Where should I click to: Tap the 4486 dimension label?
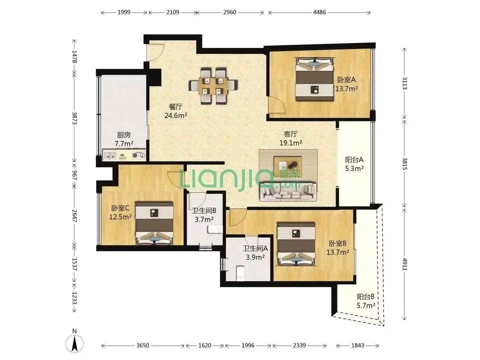click(319, 12)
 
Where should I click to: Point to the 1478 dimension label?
click(74, 57)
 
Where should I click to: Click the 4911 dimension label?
click(405, 264)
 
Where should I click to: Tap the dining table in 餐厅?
click(213, 86)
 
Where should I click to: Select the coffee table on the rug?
click(288, 166)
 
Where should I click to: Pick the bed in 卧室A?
click(315, 79)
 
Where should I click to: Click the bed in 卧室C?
click(154, 223)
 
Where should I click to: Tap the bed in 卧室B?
click(296, 244)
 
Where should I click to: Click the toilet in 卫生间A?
click(240, 273)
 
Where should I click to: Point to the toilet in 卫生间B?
click(215, 229)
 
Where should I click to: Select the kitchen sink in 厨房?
click(110, 155)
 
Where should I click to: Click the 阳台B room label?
click(366, 297)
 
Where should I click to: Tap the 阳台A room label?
click(354, 160)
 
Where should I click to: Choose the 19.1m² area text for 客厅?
click(291, 143)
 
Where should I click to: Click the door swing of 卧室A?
click(277, 105)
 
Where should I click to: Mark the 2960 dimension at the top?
click(230, 12)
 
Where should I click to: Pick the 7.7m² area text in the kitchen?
click(124, 144)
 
